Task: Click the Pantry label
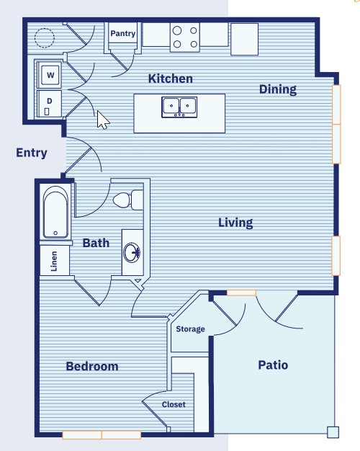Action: [x=123, y=34]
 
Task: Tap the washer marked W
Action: [x=50, y=74]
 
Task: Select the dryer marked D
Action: [x=50, y=104]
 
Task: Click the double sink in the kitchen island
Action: [x=179, y=107]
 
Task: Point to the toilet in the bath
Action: [x=128, y=200]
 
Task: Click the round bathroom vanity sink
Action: [x=132, y=253]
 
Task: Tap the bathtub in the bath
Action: [x=55, y=212]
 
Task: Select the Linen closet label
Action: [x=54, y=261]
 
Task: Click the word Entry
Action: [x=32, y=153]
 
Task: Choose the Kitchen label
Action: [x=170, y=79]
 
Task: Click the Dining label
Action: [x=278, y=89]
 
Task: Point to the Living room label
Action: [x=235, y=223]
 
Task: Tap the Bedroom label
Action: [x=92, y=366]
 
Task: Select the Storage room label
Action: [x=190, y=329]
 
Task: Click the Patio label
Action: [x=273, y=365]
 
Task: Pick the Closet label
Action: [x=174, y=404]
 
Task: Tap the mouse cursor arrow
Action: [x=103, y=120]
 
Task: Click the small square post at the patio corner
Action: [x=333, y=432]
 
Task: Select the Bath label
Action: [x=96, y=243]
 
